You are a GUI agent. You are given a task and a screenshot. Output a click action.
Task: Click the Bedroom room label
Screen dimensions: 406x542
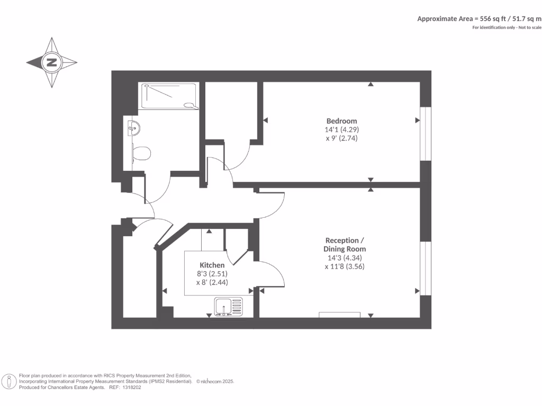(x=341, y=121)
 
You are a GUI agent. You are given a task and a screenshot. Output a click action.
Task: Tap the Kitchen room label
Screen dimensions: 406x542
(x=212, y=265)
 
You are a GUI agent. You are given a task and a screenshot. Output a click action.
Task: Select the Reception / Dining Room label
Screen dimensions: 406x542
(x=345, y=244)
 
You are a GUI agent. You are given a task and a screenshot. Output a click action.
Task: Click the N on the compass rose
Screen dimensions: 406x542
(x=52, y=62)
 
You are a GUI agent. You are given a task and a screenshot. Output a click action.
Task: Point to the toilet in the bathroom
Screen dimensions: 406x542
(x=141, y=153)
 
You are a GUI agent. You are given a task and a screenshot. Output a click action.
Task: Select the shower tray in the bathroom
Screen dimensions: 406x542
(x=169, y=96)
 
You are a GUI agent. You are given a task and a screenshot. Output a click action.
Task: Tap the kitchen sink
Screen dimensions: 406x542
(x=228, y=306)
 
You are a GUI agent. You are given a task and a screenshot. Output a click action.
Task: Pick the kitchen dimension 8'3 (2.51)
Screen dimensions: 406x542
(x=212, y=274)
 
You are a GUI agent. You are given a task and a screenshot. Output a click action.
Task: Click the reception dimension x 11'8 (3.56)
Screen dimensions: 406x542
(x=345, y=266)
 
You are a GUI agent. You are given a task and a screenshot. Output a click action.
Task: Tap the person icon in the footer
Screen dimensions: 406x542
(x=9, y=381)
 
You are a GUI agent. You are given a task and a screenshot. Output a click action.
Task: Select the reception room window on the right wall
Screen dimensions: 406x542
(x=426, y=269)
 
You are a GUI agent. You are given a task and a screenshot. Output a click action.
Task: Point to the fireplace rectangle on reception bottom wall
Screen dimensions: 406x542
(x=339, y=315)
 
